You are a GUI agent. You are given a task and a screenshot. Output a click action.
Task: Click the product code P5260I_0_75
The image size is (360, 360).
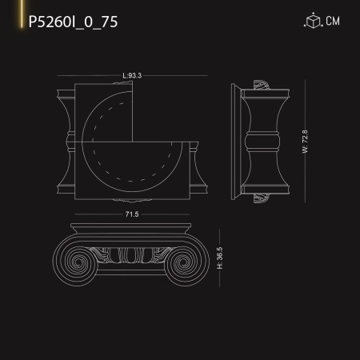(74, 22)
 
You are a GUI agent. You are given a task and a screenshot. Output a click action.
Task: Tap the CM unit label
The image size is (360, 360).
(334, 22)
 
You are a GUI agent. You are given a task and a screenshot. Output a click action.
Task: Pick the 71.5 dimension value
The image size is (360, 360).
(132, 214)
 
